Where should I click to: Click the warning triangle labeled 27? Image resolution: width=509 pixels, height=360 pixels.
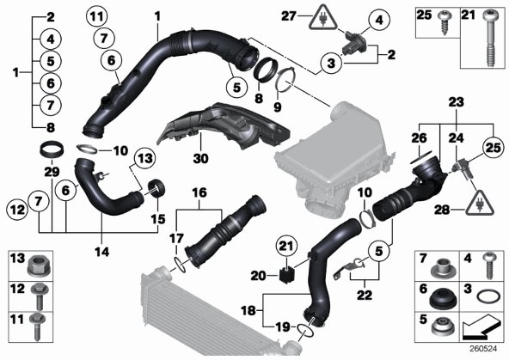pyautogui.click(x=322, y=19)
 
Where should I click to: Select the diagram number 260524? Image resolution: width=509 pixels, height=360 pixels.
pyautogui.click(x=484, y=349)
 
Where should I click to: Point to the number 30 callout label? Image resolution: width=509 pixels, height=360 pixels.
pyautogui.click(x=200, y=159)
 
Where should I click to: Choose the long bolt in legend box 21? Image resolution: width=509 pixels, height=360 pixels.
pyautogui.click(x=490, y=38)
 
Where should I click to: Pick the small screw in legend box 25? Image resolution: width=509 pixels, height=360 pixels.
pyautogui.click(x=444, y=22)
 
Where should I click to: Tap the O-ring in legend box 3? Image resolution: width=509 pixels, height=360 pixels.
pyautogui.click(x=488, y=296)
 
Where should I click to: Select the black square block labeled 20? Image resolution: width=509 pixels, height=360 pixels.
pyautogui.click(x=285, y=274)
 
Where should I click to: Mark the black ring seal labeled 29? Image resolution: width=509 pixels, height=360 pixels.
pyautogui.click(x=52, y=149)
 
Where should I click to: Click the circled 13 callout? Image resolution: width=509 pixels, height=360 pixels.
pyautogui.click(x=144, y=159)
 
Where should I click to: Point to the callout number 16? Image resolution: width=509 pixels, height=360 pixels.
pyautogui.click(x=199, y=193)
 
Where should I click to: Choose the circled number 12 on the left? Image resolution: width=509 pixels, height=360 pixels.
pyautogui.click(x=17, y=210)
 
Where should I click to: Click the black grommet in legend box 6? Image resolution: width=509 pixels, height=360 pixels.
pyautogui.click(x=443, y=299)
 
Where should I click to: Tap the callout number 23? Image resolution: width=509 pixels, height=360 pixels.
pyautogui.click(x=456, y=102)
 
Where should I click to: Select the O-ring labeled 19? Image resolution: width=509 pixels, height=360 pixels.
pyautogui.click(x=305, y=330)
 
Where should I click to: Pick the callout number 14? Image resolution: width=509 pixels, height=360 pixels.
pyautogui.click(x=102, y=252)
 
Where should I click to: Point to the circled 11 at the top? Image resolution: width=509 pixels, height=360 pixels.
pyautogui.click(x=97, y=16)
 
